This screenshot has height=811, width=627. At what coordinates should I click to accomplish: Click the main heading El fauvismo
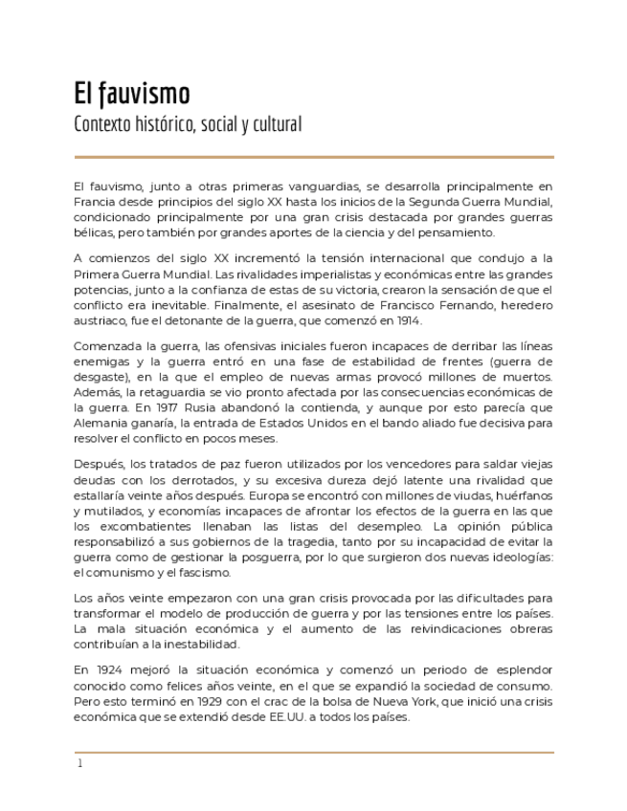(132, 94)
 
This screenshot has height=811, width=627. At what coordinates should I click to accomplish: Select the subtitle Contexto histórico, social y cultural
(188, 124)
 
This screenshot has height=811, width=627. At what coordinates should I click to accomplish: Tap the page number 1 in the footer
(80, 763)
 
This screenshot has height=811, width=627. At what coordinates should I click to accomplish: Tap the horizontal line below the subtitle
(313, 156)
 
